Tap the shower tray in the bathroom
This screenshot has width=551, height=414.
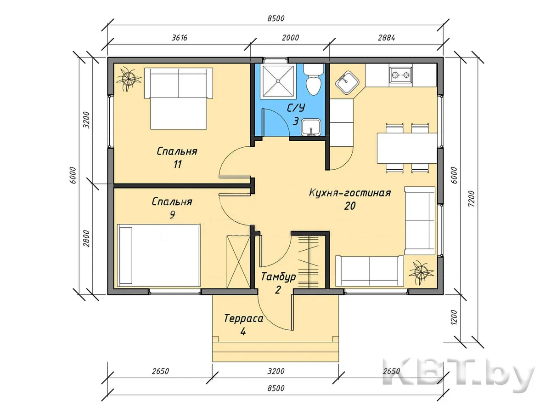point(278,80)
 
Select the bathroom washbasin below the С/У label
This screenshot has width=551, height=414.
point(311,127)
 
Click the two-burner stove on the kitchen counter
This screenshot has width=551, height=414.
point(401,75)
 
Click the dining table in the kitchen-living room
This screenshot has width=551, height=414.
point(407,148)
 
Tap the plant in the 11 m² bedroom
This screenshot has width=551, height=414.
point(128,79)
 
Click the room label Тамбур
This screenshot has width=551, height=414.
point(278,277)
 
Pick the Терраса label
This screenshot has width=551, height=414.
point(243,319)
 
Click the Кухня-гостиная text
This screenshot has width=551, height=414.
point(350,193)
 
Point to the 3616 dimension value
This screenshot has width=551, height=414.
point(180,38)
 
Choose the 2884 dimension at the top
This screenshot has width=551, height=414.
point(387,38)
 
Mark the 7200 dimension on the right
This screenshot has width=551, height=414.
point(472,199)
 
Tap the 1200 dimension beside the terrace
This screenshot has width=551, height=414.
point(454,317)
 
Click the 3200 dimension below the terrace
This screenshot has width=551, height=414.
point(276,371)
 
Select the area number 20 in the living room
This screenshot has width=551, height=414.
point(350,206)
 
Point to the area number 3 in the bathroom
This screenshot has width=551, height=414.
point(296,121)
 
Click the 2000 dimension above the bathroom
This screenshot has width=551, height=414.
point(291,38)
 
